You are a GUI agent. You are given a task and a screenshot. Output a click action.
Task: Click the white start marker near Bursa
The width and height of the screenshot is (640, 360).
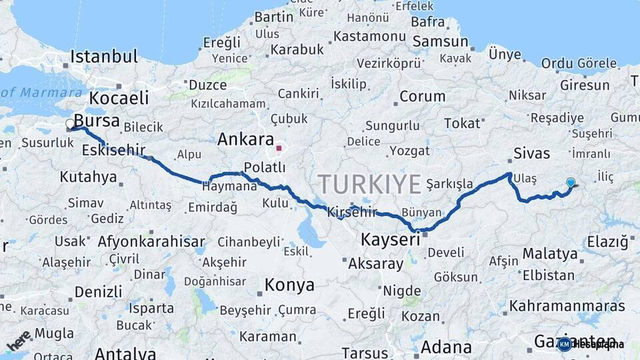70,123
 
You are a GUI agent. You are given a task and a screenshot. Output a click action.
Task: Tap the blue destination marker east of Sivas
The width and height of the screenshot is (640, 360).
570,183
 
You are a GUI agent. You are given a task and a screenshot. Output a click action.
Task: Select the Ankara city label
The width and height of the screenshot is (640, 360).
245,140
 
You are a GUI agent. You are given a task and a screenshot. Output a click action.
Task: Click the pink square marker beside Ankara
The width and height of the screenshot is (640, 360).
279,148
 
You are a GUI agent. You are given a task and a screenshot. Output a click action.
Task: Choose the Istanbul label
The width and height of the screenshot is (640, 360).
104,56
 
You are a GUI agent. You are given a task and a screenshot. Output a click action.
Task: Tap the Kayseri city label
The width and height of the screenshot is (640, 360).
390,239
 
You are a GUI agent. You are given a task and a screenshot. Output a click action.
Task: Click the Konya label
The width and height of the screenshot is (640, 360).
289,285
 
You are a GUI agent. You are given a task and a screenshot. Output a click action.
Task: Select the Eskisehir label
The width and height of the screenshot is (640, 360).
113,151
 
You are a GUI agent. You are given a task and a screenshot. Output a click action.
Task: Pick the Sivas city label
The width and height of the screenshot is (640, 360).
531,154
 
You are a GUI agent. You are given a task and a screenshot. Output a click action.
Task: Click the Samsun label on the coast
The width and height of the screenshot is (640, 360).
440,41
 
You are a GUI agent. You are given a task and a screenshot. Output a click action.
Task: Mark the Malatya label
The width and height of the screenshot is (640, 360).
550,253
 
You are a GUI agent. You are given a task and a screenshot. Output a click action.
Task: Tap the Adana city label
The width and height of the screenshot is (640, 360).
446,347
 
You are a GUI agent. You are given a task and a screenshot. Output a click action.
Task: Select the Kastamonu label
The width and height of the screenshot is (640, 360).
369,36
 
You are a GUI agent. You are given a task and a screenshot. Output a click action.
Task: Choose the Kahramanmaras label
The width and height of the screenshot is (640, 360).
567,306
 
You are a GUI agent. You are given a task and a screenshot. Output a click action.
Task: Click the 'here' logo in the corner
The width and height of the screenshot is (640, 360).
19,340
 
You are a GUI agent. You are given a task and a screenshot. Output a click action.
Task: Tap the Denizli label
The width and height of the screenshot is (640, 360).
98,291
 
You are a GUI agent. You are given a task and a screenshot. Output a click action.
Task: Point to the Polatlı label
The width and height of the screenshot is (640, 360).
265,167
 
